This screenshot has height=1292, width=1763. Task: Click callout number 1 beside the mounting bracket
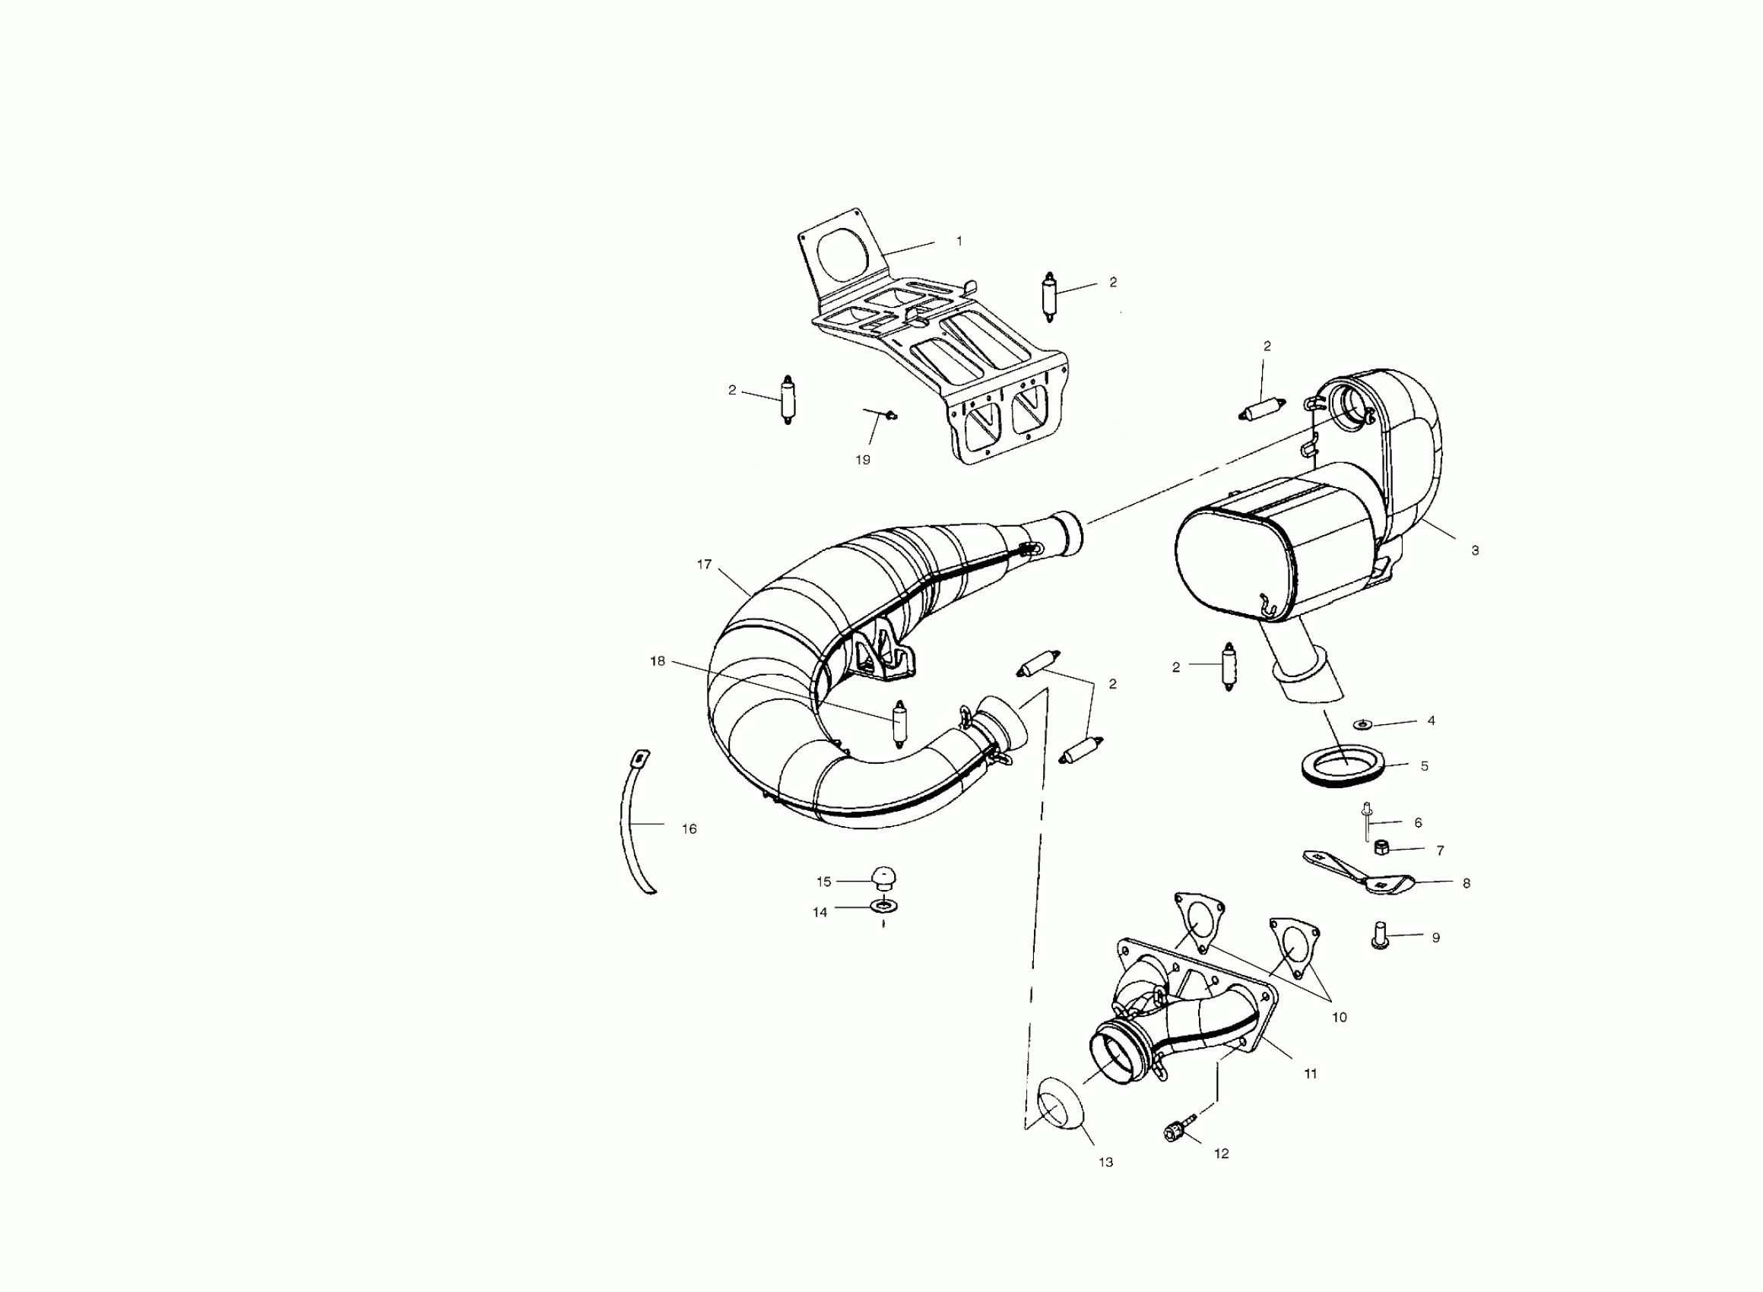[959, 242]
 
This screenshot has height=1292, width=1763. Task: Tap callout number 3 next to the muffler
[1474, 550]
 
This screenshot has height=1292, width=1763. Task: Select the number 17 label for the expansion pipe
[704, 564]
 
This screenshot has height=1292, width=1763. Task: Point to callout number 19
[862, 460]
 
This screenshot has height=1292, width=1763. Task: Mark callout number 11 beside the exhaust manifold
[1310, 1074]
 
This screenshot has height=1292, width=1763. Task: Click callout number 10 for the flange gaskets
[1339, 1018]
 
